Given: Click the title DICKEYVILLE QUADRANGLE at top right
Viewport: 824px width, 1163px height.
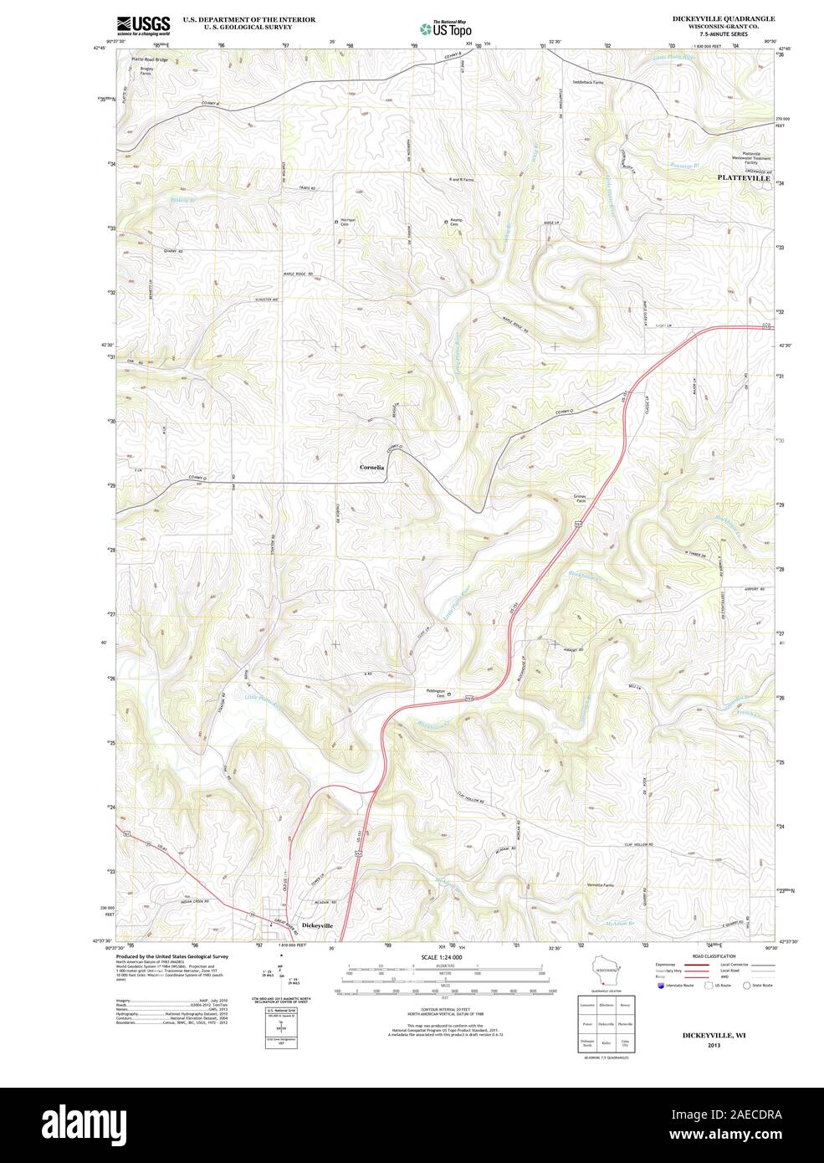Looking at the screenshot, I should pyautogui.click(x=724, y=18).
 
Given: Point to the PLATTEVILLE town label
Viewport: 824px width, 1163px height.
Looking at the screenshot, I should pyautogui.click(x=744, y=178).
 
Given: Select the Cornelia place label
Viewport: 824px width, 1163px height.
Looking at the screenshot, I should pyautogui.click(x=371, y=467).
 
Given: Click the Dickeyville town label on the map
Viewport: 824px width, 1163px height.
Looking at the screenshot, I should pyautogui.click(x=317, y=925).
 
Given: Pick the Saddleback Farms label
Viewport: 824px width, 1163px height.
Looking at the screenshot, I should pyautogui.click(x=588, y=83).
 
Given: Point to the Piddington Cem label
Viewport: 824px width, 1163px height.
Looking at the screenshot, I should pyautogui.click(x=432, y=693).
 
